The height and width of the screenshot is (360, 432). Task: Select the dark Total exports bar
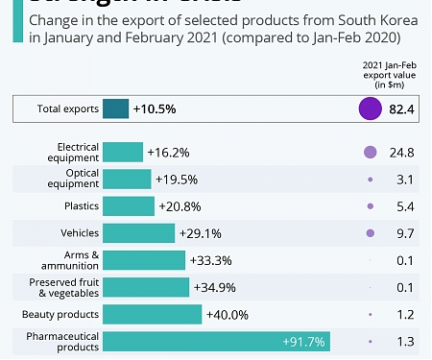pos(115,109)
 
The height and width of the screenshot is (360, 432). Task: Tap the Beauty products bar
pos(152,315)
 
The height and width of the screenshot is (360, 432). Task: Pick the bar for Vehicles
pos(138,233)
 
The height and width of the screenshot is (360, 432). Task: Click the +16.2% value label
pos(168,152)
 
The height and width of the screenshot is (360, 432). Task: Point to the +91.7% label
pos(304,342)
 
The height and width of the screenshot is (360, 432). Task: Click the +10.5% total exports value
pos(154,109)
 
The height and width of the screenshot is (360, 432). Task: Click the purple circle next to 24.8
pos(370,152)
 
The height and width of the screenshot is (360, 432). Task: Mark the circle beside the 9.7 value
pos(370,233)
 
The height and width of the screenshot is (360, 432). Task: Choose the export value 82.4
pos(401,109)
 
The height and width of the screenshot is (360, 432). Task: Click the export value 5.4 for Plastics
pos(404,206)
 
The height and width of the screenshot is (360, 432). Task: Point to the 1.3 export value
pos(404,342)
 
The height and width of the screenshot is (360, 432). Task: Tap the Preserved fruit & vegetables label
pos(64,287)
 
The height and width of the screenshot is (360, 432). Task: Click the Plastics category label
pos(80,206)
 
